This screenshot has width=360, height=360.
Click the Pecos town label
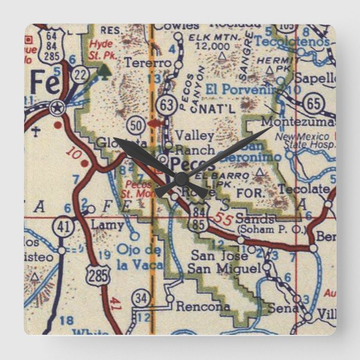tap(192, 164)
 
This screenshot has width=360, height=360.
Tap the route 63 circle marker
tap(166, 103)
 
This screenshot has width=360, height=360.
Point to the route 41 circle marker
tap(61, 226)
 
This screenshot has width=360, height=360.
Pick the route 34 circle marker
tap(142, 299)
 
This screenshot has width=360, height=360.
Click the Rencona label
tap(202, 307)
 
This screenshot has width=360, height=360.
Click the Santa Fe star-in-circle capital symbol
tap(56, 108)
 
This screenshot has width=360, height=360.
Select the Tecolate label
tap(304, 189)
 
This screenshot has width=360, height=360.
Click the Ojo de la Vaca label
tap(140, 257)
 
